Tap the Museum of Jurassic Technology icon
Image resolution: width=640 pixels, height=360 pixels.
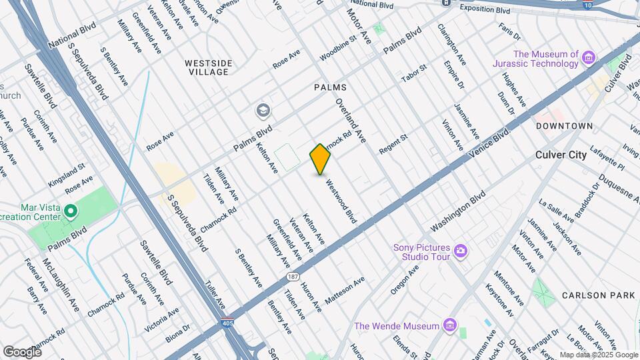pyautogui.click(x=588, y=59)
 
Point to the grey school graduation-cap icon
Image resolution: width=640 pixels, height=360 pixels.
pyautogui.click(x=263, y=110)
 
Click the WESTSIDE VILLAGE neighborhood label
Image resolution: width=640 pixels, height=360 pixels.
pyautogui.click(x=209, y=67)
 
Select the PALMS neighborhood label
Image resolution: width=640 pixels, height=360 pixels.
pyautogui.click(x=328, y=87)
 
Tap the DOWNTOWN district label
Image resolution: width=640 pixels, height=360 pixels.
pyautogui.click(x=564, y=125)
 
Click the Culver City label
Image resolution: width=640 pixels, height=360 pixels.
pyautogui.click(x=561, y=155)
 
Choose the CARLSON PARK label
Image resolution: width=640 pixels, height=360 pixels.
pyautogui.click(x=593, y=295)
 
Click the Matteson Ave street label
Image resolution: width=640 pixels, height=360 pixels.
pyautogui.click(x=345, y=291)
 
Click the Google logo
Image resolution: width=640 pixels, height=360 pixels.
pyautogui.click(x=21, y=351)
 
